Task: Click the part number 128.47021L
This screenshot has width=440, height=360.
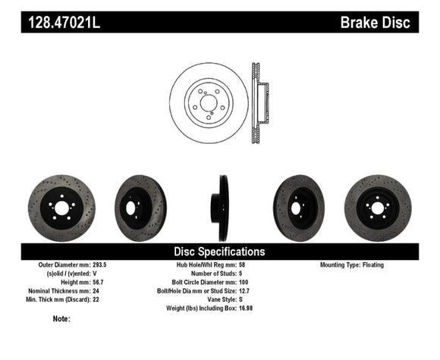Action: [x=64, y=23]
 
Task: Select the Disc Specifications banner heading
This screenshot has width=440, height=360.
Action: [x=220, y=251]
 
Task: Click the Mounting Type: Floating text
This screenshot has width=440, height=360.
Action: [x=351, y=265]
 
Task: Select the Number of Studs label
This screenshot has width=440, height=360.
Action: [x=215, y=274]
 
